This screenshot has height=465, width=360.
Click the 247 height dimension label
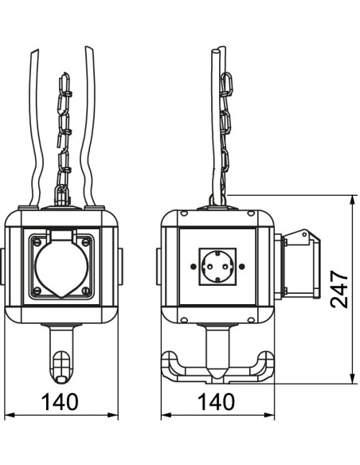pos(339,289)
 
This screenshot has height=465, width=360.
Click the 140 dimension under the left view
pos(61,402)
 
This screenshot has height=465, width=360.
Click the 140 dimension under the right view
pos(217,402)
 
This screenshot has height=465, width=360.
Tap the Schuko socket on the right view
pos(217,267)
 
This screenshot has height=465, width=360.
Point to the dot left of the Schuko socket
pos(193,266)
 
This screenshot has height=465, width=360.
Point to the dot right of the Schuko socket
pos(242,266)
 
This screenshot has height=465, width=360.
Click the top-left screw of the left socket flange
pos(37,242)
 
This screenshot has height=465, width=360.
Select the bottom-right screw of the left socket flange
pos(86,291)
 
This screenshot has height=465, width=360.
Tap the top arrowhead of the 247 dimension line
pos(352,200)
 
